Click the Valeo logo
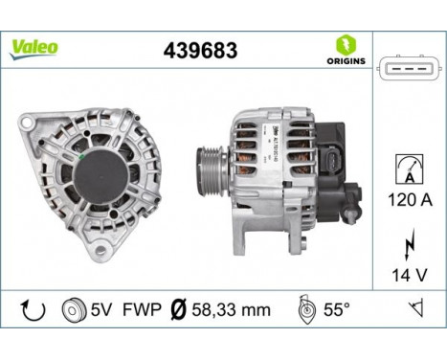click(x=34, y=46)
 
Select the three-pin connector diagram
click(x=409, y=69)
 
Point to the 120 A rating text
click(x=409, y=202)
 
